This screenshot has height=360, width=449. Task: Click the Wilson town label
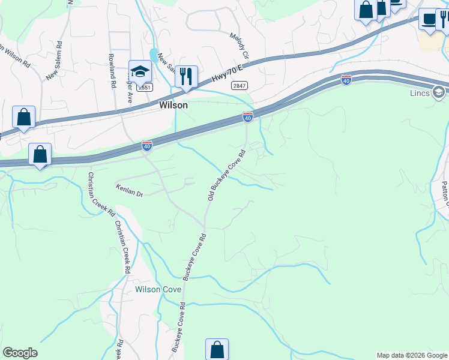click(x=173, y=105)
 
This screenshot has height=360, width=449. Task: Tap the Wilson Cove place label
click(x=158, y=289)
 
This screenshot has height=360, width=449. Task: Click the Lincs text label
click(x=420, y=93)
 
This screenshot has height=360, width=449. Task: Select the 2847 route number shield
click(x=239, y=86)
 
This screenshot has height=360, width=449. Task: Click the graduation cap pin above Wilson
click(x=140, y=72)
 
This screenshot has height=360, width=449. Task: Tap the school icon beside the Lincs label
click(x=439, y=92)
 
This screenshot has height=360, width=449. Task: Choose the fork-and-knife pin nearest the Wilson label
click(x=186, y=76)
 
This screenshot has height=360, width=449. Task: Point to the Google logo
click(x=20, y=353)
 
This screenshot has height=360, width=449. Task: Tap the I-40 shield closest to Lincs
click(x=346, y=79)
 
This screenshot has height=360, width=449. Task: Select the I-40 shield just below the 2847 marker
click(x=247, y=117)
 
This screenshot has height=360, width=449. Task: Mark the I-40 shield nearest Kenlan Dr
click(x=147, y=145)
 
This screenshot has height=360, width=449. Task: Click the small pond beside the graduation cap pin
click(x=154, y=57)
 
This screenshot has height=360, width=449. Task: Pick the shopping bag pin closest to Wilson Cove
click(x=217, y=349)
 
